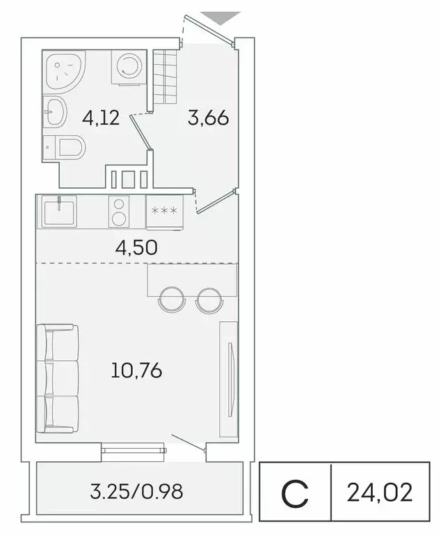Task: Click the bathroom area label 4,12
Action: pos(101,118)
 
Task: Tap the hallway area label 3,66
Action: pos(208,118)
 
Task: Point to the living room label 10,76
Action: pos(136,370)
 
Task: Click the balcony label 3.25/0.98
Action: pos(136,492)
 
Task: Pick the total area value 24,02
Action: pos(379,492)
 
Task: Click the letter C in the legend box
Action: pos(296,493)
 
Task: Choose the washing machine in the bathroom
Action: pos(127,68)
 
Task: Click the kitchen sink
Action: pos(59,211)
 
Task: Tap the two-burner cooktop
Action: pos(120,211)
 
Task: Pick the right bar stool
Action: pos(209,300)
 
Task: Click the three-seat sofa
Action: pos(58,379)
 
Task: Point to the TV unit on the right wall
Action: pos(229,380)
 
